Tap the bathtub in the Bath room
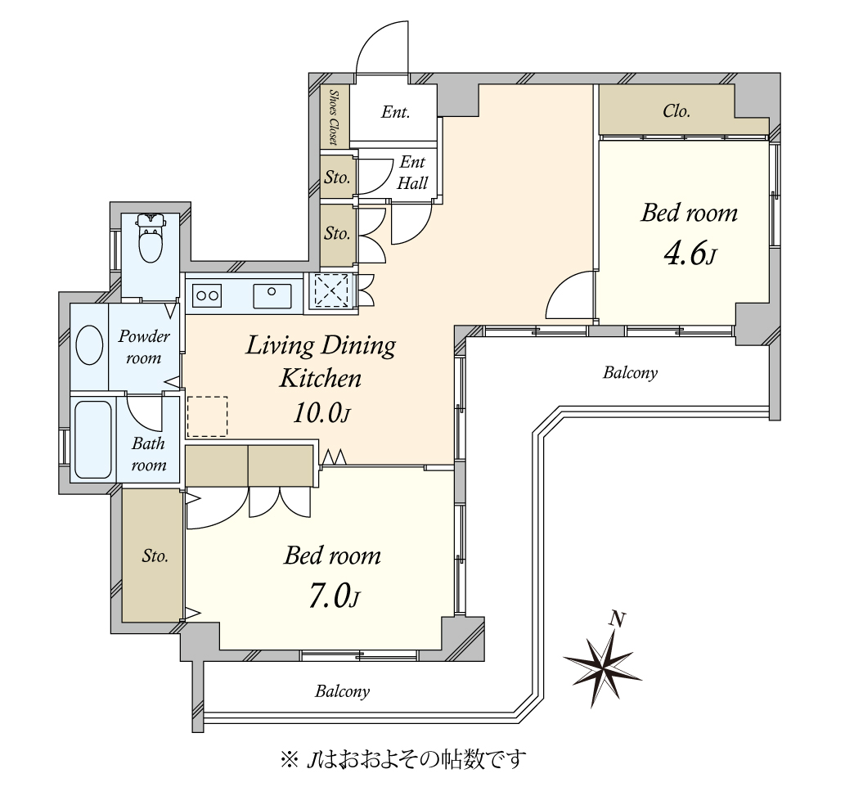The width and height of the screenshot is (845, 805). point(93,439)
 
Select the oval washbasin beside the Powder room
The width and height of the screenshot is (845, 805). point(89,345)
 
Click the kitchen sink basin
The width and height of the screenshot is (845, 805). point(272,296)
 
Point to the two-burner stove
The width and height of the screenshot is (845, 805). point(207,295)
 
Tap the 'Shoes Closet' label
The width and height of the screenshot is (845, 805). point(334,118)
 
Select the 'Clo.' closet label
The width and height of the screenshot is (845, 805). point(676,111)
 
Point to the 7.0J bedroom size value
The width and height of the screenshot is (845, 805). point(334,596)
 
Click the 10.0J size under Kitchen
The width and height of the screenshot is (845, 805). point(322,413)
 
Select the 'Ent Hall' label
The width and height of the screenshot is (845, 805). point(412,173)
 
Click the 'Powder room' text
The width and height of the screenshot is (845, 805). point(144,347)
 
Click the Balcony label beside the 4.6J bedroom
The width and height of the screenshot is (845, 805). point(630,373)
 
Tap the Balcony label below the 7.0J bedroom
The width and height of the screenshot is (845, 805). point(342,691)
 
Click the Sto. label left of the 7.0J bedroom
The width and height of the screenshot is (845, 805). point(155,555)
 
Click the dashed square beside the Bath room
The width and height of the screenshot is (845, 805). point(207,416)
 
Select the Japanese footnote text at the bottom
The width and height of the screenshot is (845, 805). point(403,759)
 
